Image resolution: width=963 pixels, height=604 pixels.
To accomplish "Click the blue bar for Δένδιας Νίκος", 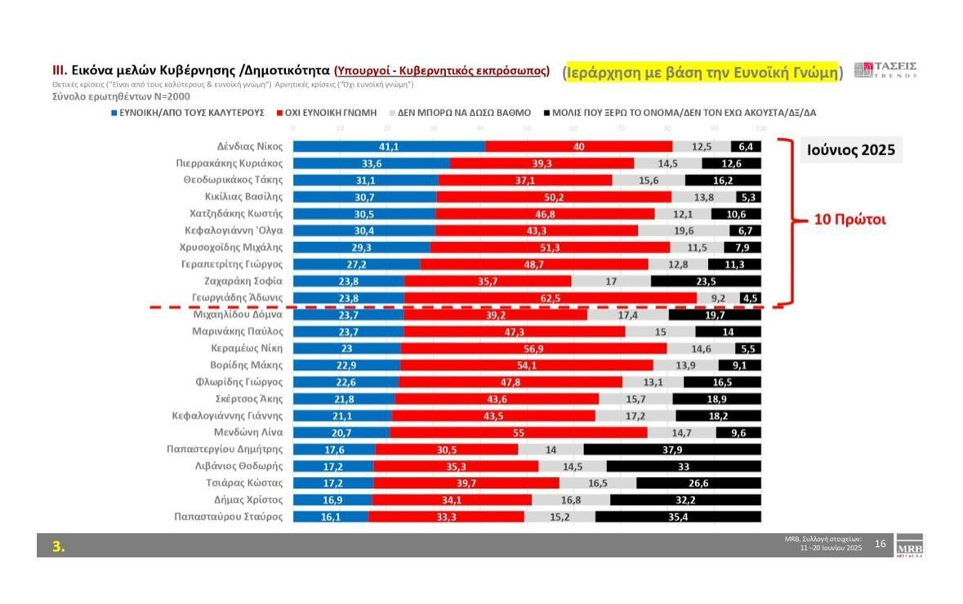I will [389, 146].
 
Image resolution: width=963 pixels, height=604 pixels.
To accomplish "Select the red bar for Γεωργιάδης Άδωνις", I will [551, 298].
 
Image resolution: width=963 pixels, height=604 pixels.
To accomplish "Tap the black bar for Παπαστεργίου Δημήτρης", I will [672, 449].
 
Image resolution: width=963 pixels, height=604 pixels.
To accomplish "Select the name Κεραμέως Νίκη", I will [247, 348].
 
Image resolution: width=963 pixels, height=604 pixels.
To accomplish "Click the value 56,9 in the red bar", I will [532, 348].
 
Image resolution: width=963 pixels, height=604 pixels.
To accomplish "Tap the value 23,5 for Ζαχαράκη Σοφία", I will [706, 281].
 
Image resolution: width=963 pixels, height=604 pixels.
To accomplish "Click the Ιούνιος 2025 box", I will [850, 150].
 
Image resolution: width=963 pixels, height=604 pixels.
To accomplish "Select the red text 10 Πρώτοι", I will [849, 220].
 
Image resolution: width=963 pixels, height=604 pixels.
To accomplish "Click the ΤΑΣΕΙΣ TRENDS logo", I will [885, 69].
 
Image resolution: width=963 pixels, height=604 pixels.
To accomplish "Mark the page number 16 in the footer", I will [880, 544].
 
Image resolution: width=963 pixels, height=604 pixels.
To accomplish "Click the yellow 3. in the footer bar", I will [59, 547].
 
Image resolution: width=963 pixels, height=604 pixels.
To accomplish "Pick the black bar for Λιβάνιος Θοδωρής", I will [683, 466].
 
